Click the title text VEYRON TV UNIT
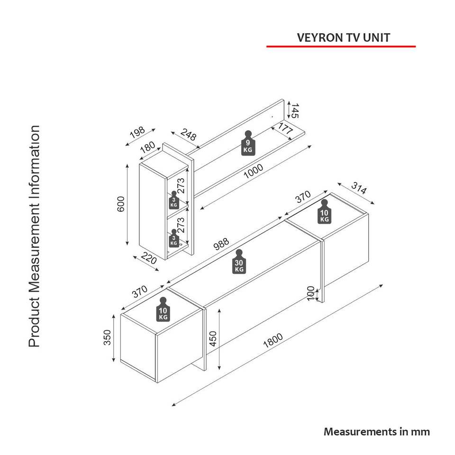(344, 38)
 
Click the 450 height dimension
(213, 338)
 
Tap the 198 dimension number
(137, 135)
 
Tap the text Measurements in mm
(377, 432)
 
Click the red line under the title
(341, 46)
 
